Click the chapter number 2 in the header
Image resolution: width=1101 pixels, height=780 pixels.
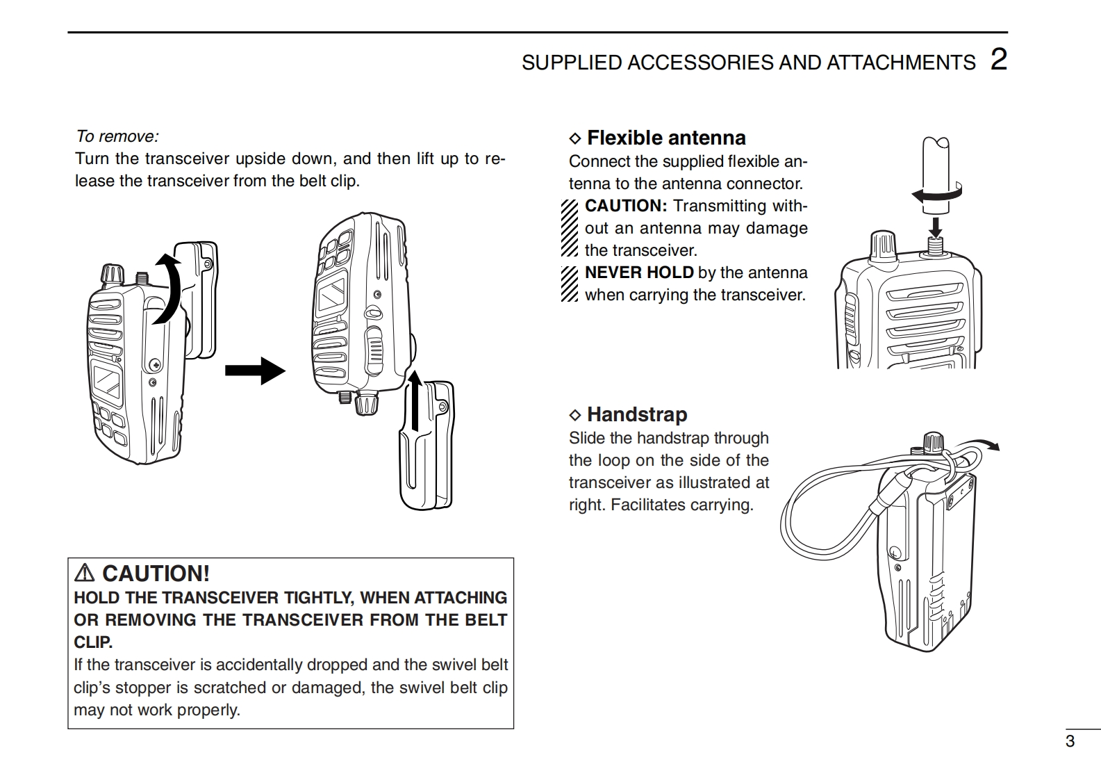click(x=998, y=60)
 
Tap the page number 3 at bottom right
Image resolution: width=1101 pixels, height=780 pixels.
click(x=1070, y=740)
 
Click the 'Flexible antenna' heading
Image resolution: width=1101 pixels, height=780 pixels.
click(x=666, y=138)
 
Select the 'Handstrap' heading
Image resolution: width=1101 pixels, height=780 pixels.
click(x=637, y=414)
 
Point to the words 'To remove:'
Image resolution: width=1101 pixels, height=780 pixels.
click(x=117, y=136)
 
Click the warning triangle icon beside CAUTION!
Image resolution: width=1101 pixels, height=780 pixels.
click(x=84, y=573)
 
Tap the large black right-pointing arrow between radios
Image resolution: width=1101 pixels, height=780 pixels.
click(x=255, y=371)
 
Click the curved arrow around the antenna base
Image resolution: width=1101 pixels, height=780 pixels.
click(x=936, y=193)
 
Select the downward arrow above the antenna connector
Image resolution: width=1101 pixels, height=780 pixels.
click(x=936, y=228)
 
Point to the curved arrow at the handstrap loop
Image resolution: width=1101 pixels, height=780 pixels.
click(x=977, y=444)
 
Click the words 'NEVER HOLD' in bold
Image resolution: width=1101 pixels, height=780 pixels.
click(x=639, y=273)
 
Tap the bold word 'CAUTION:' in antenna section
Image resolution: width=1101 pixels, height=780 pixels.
click(x=626, y=206)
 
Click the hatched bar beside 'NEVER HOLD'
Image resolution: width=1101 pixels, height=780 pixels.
click(x=569, y=284)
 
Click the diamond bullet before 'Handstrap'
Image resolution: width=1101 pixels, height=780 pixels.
click(x=574, y=415)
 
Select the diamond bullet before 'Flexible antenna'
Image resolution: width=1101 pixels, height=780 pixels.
click(x=574, y=138)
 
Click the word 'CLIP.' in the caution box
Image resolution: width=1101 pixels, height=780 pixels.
click(x=93, y=642)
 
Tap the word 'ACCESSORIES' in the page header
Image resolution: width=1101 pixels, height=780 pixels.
click(x=700, y=63)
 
